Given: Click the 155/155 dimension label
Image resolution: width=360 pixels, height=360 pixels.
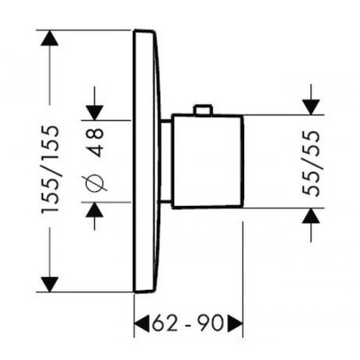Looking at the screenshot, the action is [50, 170].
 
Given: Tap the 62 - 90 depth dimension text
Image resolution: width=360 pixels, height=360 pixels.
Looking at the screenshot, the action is [187, 323].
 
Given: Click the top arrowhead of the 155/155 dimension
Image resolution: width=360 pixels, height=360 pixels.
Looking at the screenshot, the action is [50, 38].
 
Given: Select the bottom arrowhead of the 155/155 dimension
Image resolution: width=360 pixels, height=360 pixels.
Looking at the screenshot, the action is [50, 285].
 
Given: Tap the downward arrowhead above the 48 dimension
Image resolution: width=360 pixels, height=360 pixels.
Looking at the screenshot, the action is [95, 113].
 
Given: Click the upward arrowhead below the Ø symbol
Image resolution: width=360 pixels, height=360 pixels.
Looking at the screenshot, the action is [95, 210].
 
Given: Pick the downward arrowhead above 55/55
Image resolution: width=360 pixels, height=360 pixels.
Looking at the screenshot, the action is [311, 107].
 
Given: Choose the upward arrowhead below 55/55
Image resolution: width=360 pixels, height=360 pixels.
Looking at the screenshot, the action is [311, 215].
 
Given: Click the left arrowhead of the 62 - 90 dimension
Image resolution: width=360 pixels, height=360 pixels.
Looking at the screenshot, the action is [142, 323].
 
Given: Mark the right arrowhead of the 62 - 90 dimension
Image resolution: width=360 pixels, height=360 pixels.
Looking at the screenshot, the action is [235, 323].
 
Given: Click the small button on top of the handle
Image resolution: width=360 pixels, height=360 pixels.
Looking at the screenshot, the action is [204, 110].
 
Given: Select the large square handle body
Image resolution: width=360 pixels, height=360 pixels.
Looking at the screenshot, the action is [208, 161].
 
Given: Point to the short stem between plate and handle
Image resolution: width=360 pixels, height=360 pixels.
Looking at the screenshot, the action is [166, 161].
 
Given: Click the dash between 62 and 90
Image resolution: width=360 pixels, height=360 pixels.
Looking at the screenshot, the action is [187, 324].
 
